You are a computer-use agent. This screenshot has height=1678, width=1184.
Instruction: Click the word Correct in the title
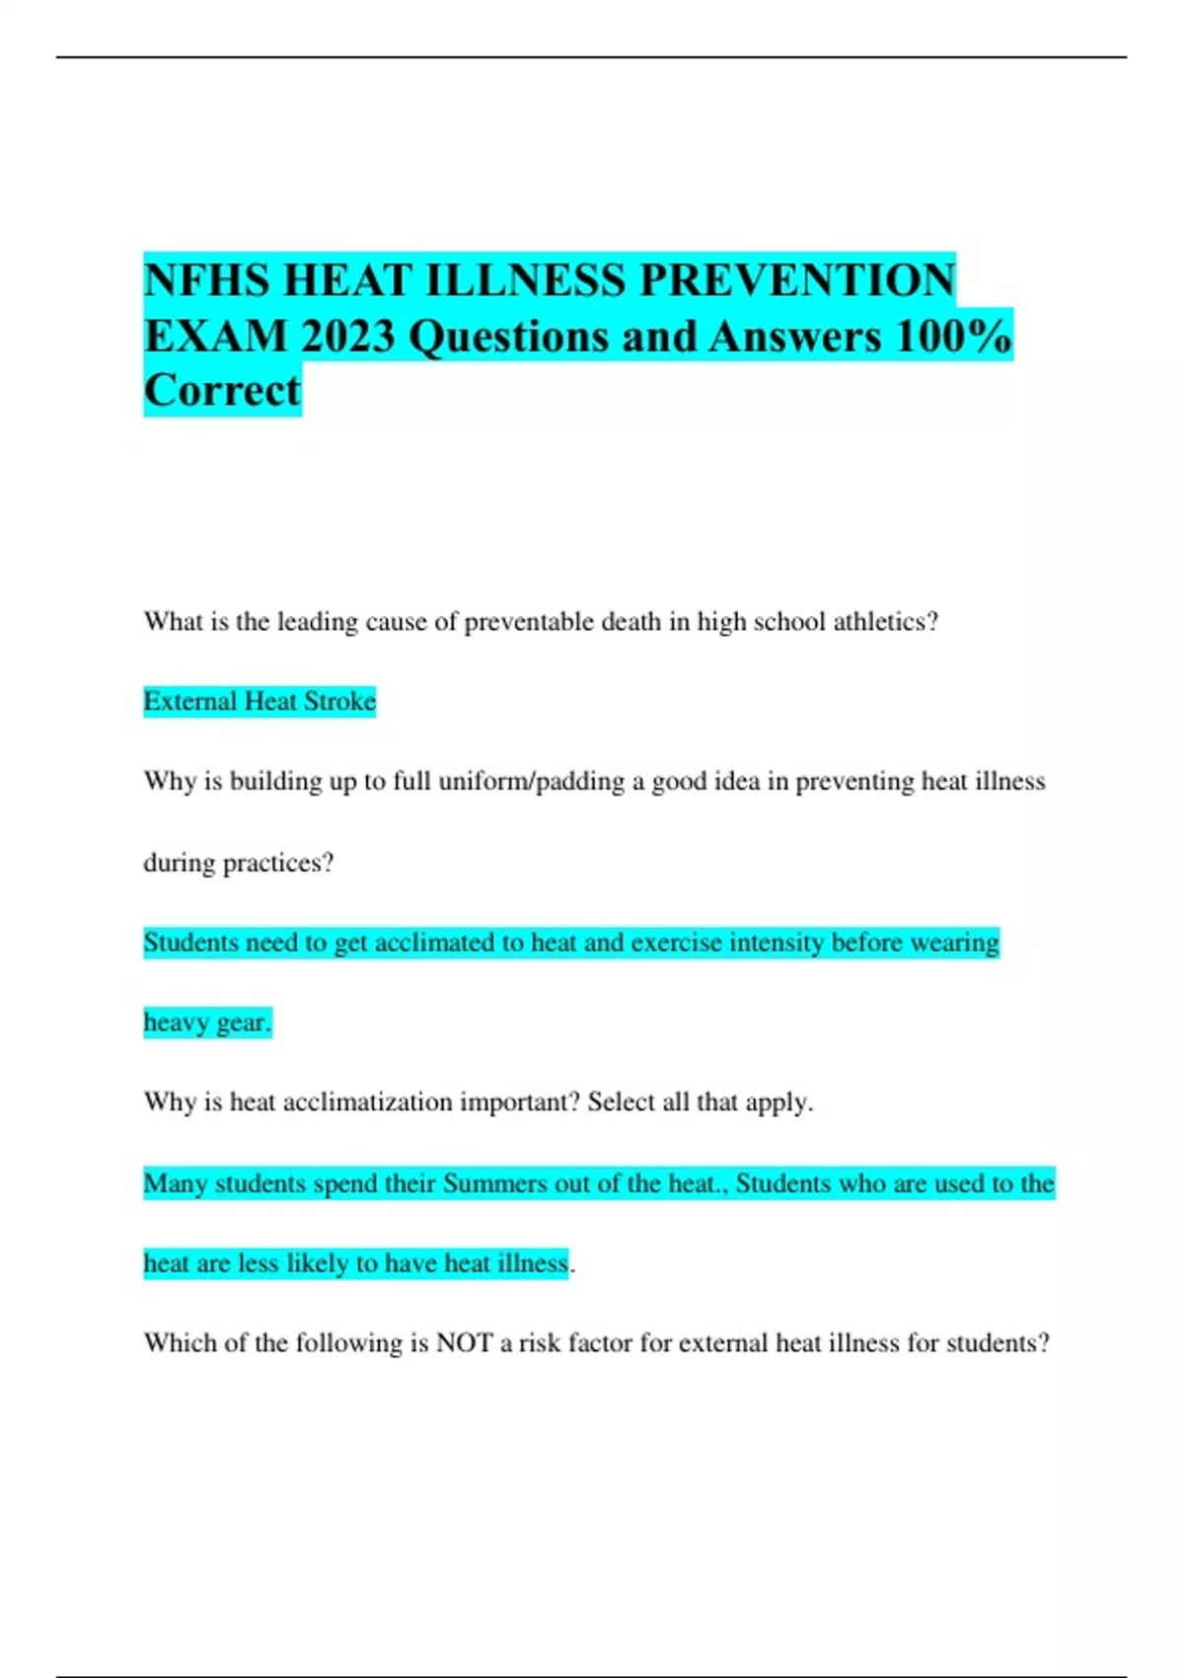[222, 391]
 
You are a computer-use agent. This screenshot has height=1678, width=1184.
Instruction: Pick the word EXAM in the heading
[215, 337]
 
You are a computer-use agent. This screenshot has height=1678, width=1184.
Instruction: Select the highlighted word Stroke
[339, 702]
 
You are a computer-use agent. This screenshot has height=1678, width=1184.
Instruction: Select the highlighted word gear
[242, 1023]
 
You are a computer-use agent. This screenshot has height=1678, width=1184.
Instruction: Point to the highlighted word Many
[175, 1183]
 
